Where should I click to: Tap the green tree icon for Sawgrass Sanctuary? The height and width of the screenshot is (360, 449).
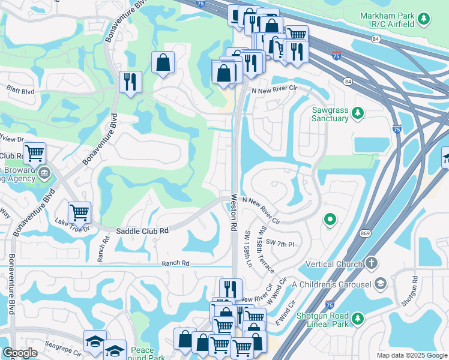click(358, 113)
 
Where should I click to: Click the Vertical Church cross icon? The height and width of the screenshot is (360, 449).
click(372, 263)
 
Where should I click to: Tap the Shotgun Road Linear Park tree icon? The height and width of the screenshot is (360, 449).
click(358, 317)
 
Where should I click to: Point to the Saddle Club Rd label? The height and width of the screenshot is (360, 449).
click(142, 230)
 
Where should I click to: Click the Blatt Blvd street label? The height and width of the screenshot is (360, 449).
click(20, 92)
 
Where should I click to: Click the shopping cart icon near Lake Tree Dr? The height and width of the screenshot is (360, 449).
click(79, 211)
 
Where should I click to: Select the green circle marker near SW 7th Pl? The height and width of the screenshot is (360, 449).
click(329, 220)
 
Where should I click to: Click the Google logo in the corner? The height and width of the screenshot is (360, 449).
click(20, 353)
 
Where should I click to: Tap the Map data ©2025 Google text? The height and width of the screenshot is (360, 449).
click(412, 355)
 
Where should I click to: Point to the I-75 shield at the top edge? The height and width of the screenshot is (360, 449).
click(200, 3)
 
